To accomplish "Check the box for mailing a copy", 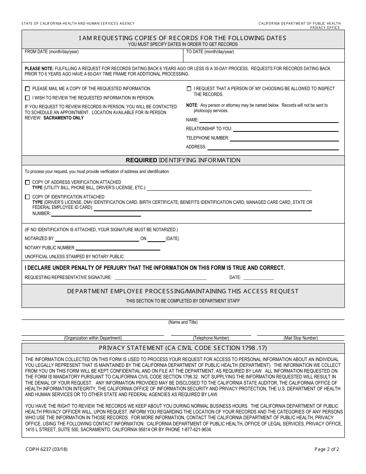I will pos(27,89).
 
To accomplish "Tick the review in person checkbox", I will pos(27,98).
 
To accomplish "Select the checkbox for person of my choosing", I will pos(189,89).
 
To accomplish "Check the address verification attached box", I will pos(27,182).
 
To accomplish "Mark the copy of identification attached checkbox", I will pos(27,197).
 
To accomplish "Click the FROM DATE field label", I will pos(52,52).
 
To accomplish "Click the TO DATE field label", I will pos(210,52).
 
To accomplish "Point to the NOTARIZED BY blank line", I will pos(97,241).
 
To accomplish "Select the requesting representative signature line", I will pos(161,279).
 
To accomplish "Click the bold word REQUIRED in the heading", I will pos(141,160).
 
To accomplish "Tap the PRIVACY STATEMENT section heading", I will pos(183,348).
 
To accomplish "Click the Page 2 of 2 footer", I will pos(327,449).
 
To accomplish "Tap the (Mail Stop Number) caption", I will pos(301,338).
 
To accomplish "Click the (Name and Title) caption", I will pos(183,322).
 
